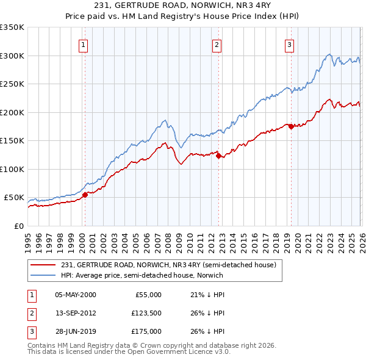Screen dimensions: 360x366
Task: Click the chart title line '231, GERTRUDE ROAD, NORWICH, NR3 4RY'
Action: point(183,6)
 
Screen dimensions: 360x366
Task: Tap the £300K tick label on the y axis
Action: point(12,56)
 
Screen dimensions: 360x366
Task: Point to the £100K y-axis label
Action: point(12,169)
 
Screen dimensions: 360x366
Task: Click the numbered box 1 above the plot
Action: point(83,44)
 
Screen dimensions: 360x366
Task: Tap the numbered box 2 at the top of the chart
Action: point(217,44)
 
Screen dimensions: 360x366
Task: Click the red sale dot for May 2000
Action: point(85,195)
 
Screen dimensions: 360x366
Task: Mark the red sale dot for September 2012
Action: point(218,156)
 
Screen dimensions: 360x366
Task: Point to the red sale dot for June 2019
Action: point(291,126)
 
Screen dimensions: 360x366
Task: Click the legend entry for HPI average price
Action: point(142,275)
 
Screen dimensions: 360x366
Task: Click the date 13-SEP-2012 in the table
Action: point(76,313)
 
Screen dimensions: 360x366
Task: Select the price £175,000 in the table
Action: point(146,331)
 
